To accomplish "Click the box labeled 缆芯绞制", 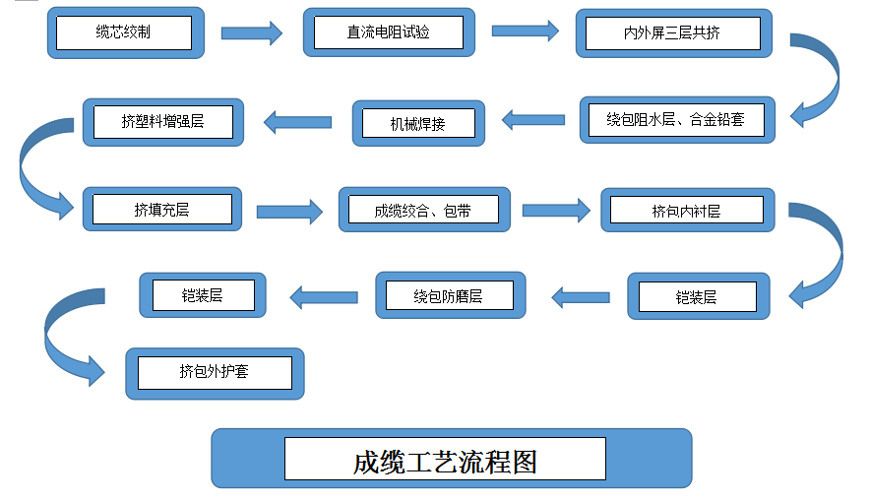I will coord(125,31).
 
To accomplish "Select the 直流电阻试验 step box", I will coord(388,32).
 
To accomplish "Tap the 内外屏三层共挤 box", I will coord(671,33).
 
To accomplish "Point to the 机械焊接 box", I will coord(418,124).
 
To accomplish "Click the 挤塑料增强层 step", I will coord(162,122).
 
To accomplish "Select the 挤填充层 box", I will coord(161,209).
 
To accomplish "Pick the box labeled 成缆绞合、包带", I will coord(423,210).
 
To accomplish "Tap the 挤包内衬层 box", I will coord(686,211).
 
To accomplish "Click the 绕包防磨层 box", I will coord(449,295).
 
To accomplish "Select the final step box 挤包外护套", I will coord(215,372).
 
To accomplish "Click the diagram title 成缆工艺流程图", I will coord(446,459).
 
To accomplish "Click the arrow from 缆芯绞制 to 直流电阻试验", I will coord(252,32).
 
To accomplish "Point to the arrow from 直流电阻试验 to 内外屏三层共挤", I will coord(525,31).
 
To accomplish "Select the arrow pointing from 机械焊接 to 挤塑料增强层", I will coord(297,122).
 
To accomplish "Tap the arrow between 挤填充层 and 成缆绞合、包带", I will coord(289,211).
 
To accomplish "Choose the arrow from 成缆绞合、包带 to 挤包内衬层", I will coord(555,210).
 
